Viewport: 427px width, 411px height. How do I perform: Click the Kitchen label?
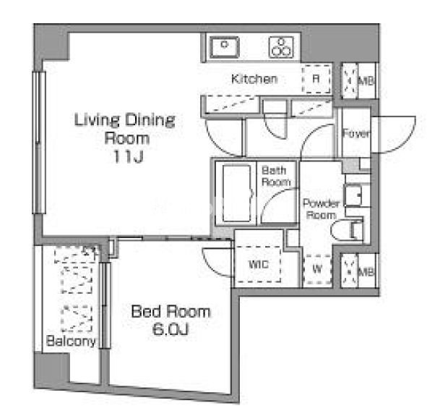pos(254,79)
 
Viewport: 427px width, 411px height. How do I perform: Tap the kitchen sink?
pos(225,47)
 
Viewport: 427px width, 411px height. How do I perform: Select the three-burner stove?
pos(281,47)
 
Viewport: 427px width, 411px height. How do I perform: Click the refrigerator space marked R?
pos(316,79)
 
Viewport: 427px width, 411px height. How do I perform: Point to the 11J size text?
pos(128,156)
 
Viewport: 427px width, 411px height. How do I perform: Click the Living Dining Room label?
pos(125,129)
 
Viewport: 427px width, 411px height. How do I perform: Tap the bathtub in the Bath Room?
pos(236,193)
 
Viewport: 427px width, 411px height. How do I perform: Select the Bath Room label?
pos(276,176)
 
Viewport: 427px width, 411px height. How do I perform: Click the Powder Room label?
pos(322,209)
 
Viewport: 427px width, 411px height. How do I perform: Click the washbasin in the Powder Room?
pos(353,195)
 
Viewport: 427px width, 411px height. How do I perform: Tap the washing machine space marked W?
pos(317,269)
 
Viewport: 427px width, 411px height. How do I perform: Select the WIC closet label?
pos(259,264)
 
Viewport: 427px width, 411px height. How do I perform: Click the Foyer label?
pos(356,133)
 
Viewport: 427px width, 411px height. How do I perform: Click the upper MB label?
pos(366,81)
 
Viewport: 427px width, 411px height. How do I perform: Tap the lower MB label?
pos(366,272)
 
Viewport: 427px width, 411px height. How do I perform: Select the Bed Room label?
pos(171,311)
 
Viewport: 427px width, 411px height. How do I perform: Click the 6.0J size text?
pos(171,329)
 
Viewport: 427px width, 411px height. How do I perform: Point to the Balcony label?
pos(71,341)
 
